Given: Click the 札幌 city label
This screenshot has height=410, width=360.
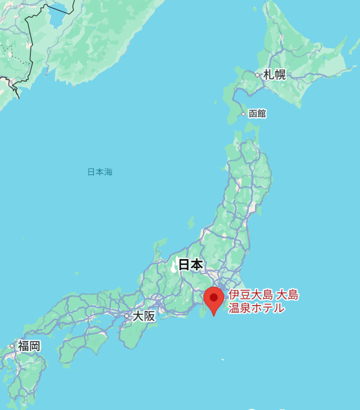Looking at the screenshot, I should click(x=274, y=75).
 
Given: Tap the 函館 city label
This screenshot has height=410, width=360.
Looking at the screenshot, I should click(x=257, y=113).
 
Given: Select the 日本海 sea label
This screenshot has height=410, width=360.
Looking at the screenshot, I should click(x=100, y=172).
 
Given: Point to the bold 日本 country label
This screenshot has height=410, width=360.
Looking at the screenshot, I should click(x=190, y=264).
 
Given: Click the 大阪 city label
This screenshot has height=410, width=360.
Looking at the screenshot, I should click(x=144, y=316).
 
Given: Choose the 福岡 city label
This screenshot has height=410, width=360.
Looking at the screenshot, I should click(x=29, y=346).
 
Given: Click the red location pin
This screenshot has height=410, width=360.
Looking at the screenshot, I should click(x=214, y=299).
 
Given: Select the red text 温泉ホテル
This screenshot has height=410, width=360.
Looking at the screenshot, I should click(x=256, y=308).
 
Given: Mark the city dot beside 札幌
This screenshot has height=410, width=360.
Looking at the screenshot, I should click(x=257, y=75).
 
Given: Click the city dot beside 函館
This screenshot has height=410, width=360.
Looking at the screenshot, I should click(x=243, y=114).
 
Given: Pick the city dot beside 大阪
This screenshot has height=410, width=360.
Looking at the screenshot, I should click(x=126, y=316).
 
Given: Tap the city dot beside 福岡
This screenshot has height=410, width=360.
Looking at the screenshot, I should click(x=12, y=346).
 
